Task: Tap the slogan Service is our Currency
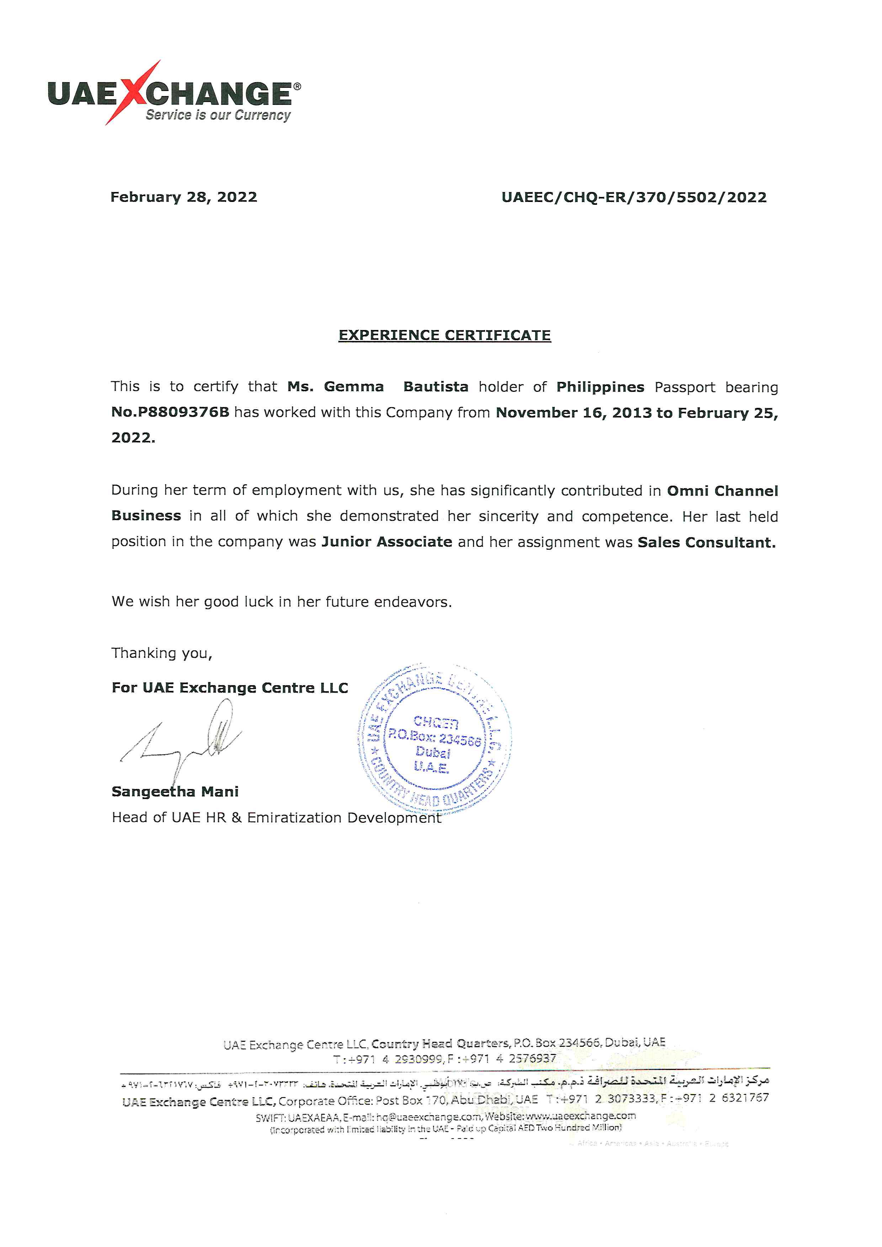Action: click(218, 115)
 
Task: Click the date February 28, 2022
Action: click(184, 197)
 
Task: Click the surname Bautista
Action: click(436, 387)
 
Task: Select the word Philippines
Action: click(600, 387)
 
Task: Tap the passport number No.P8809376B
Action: click(170, 412)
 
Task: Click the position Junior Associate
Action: click(387, 542)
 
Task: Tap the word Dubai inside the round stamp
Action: click(433, 752)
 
